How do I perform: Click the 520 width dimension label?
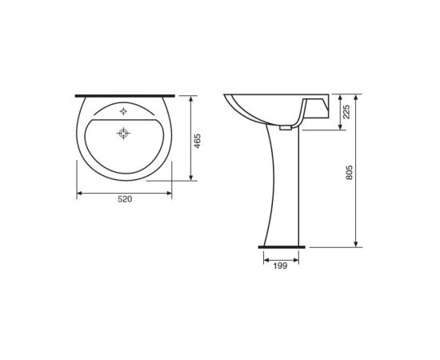(125, 199)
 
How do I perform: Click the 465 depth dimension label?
(198, 142)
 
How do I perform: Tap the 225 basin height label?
(347, 112)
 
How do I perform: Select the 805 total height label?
(349, 173)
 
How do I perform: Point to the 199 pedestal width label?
(280, 266)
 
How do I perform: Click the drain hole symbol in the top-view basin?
(123, 133)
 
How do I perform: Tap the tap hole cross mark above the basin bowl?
(123, 111)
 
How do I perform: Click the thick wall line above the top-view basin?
(125, 96)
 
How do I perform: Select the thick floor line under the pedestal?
(282, 247)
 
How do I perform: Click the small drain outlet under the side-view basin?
(286, 128)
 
